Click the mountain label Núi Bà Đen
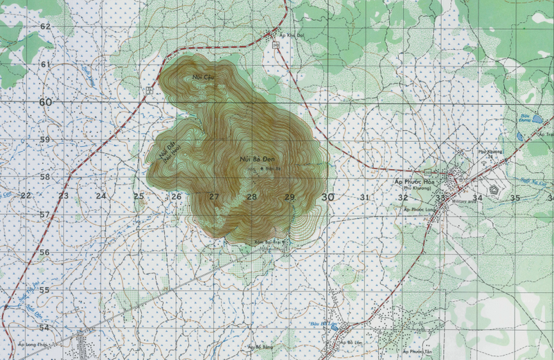click(254, 160)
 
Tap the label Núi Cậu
click(202, 77)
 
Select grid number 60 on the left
click(46, 102)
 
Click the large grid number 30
click(328, 197)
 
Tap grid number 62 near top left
click(46, 26)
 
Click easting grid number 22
click(26, 196)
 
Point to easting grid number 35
click(515, 198)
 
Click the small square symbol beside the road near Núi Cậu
click(150, 90)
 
